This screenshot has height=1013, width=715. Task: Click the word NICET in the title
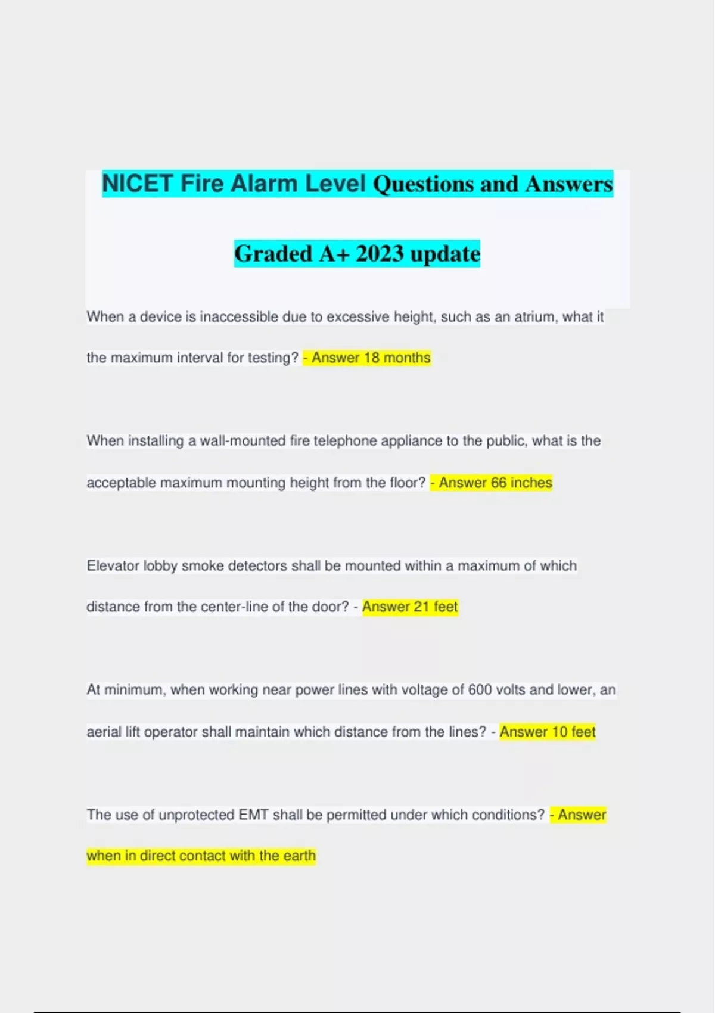click(138, 184)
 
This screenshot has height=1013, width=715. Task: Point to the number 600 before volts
click(480, 690)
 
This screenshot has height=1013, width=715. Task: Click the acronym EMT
click(253, 815)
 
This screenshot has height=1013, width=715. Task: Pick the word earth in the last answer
click(299, 856)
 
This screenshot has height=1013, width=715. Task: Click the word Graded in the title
click(273, 254)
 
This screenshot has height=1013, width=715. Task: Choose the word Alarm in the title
click(264, 184)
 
